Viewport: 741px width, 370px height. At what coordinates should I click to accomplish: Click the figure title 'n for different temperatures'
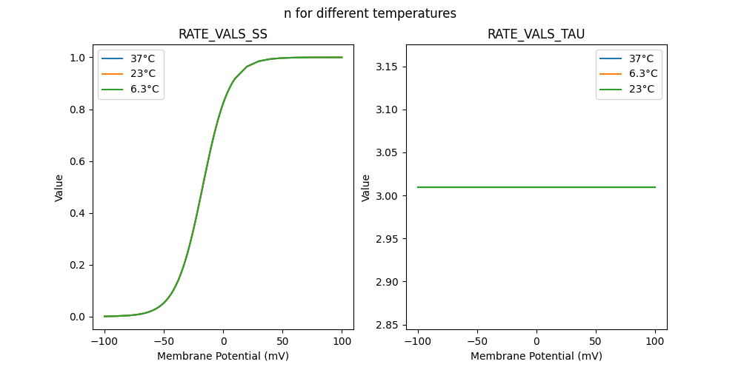pos(370,13)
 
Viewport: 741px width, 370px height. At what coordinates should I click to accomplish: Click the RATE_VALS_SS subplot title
pos(222,34)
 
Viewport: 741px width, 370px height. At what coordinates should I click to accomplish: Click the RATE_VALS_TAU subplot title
pos(536,34)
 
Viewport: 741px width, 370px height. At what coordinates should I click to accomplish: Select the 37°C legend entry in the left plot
pos(143,58)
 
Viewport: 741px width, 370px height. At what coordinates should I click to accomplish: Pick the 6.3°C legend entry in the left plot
pos(144,90)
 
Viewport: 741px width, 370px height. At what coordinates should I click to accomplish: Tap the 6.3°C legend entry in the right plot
pos(642,73)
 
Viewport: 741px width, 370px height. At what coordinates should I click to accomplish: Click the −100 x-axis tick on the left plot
pos(104,342)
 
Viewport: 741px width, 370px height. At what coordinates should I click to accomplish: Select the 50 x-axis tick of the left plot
pos(282,342)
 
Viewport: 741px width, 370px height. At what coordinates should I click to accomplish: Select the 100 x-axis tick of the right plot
pos(655,342)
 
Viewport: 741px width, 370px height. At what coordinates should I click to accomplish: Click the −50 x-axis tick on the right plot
pos(477,342)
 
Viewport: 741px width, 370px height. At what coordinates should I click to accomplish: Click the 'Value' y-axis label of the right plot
pos(366,187)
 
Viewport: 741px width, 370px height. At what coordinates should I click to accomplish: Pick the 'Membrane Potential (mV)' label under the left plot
pos(223,356)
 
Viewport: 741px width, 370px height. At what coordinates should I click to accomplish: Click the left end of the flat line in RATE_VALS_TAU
pos(418,187)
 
